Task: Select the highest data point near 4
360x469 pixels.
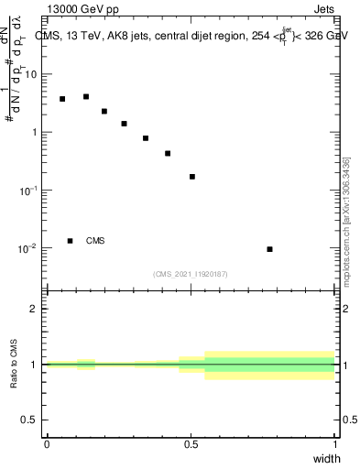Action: point(86,96)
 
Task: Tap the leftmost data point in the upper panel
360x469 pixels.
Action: point(62,99)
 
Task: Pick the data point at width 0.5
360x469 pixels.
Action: point(192,177)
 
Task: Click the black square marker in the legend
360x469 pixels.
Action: point(70,241)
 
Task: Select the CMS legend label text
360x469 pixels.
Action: point(95,241)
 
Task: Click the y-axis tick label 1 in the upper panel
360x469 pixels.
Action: point(36,132)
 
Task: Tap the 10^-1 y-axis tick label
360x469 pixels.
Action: point(29,190)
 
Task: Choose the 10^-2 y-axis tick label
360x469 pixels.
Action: point(29,248)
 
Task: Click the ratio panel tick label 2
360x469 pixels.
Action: point(36,309)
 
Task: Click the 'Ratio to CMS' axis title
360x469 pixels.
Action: point(14,365)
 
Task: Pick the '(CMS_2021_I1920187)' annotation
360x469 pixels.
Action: point(190,274)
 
